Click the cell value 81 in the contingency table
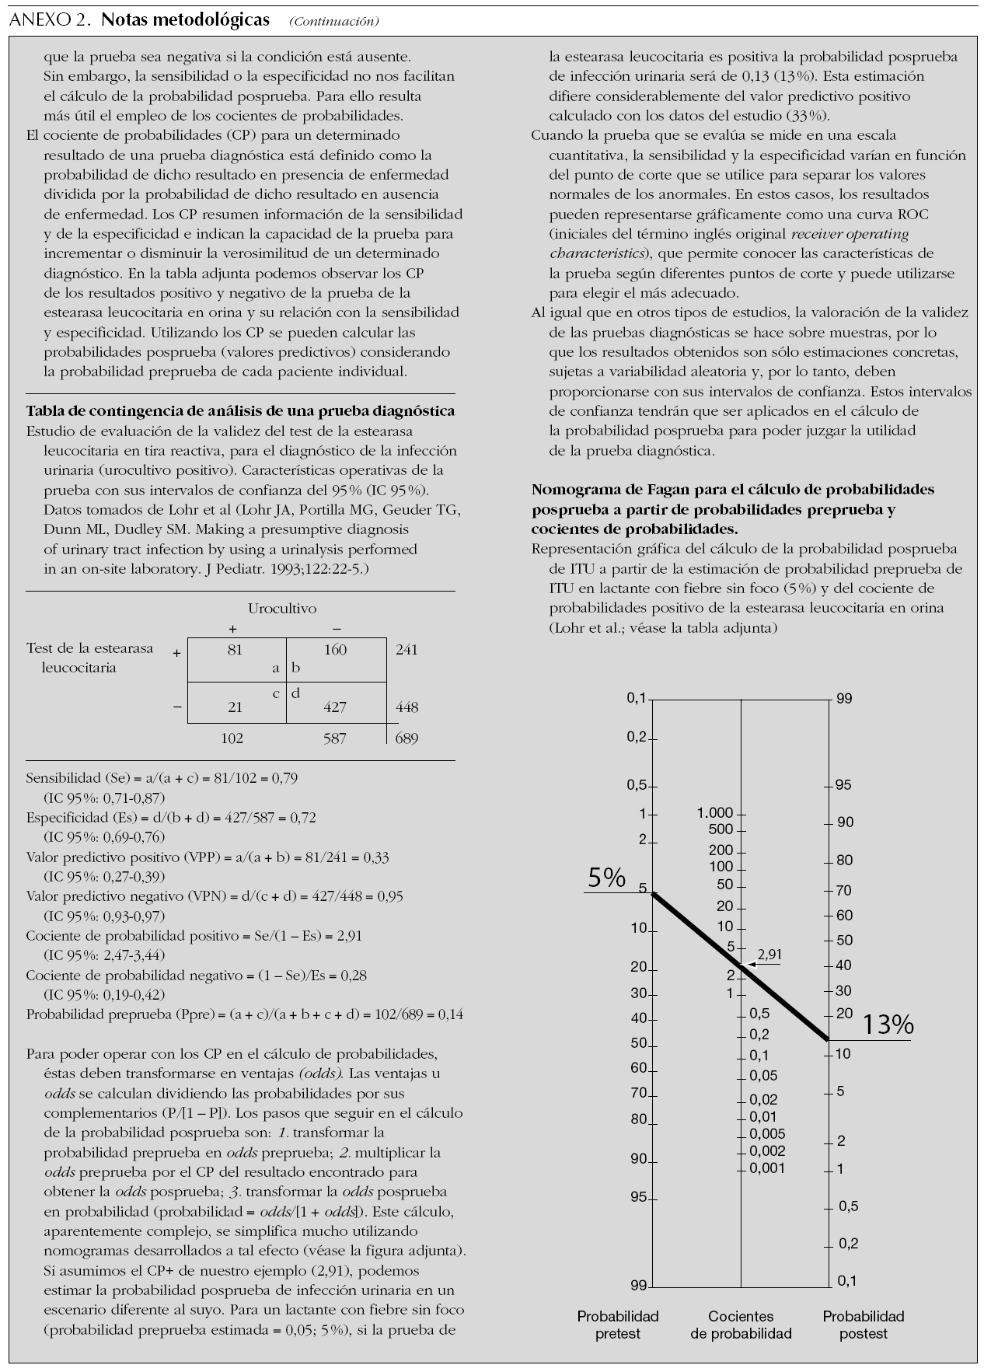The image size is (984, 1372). (x=235, y=650)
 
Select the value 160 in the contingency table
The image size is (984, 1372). (x=335, y=650)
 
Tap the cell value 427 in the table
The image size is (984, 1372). (x=335, y=707)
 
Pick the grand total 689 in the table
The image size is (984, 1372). (x=407, y=738)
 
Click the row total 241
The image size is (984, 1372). (x=407, y=650)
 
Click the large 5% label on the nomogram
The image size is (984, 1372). (x=606, y=878)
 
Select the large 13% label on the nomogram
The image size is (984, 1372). (x=888, y=1025)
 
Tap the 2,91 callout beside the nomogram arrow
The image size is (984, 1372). (x=769, y=955)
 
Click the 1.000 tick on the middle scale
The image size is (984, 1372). (x=715, y=814)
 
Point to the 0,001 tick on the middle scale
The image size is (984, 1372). (x=768, y=1168)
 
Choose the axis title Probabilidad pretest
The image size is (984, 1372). (x=618, y=1325)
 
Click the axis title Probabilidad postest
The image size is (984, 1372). (x=864, y=1325)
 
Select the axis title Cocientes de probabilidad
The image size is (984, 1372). (x=741, y=1325)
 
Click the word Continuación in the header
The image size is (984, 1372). (x=334, y=22)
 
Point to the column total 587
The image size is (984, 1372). (x=335, y=738)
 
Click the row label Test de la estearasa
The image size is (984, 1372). (x=90, y=648)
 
